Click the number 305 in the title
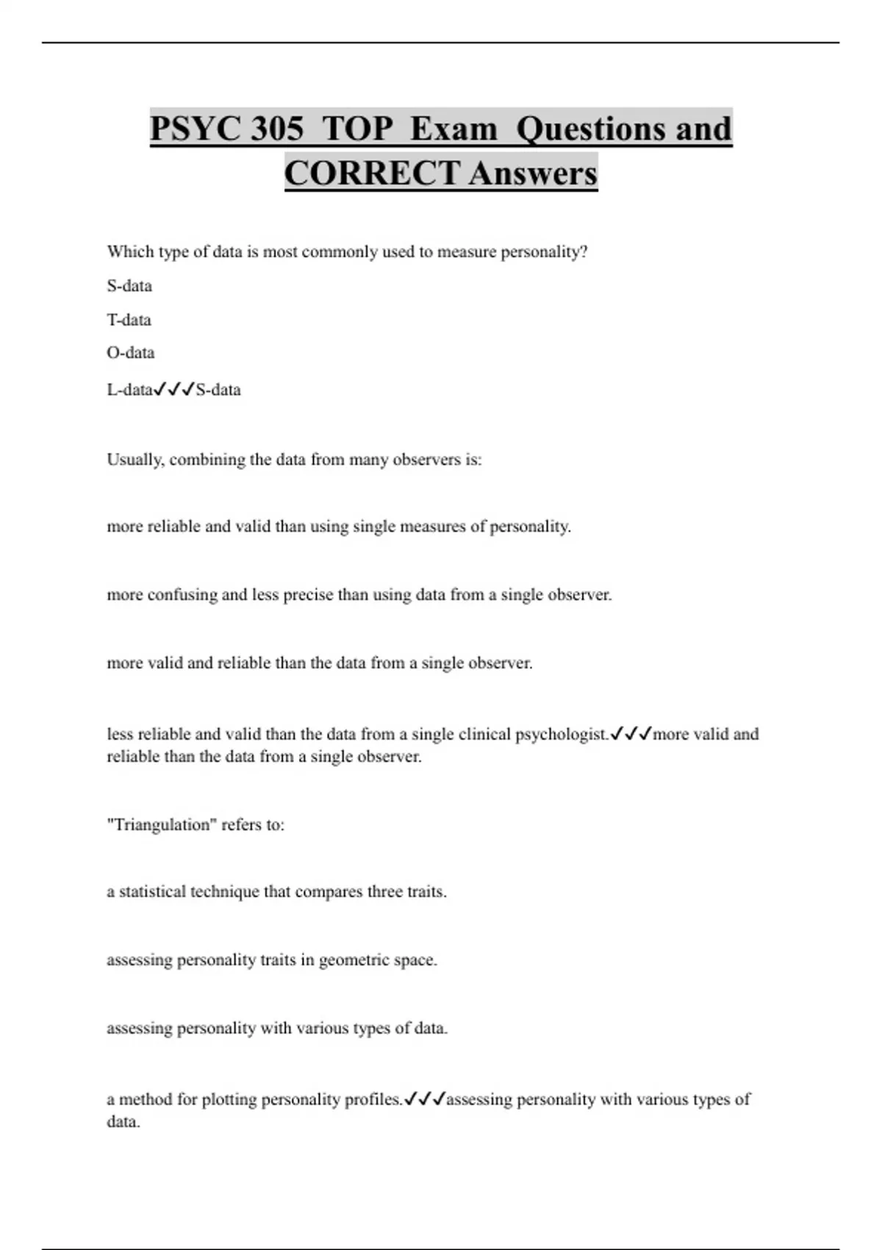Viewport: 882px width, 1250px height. pos(276,129)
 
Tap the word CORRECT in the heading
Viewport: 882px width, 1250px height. pos(372,174)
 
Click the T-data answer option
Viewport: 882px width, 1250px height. pos(129,320)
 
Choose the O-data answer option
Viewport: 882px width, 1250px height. pos(130,353)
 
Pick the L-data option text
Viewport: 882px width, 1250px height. pos(129,390)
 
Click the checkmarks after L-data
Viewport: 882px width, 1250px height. pos(174,390)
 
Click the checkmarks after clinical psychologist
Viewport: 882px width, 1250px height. pos(631,734)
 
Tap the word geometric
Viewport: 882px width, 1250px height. pos(351,960)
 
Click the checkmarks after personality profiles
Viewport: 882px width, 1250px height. pos(425,1099)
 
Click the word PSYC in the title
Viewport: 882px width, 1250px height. pos(195,129)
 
